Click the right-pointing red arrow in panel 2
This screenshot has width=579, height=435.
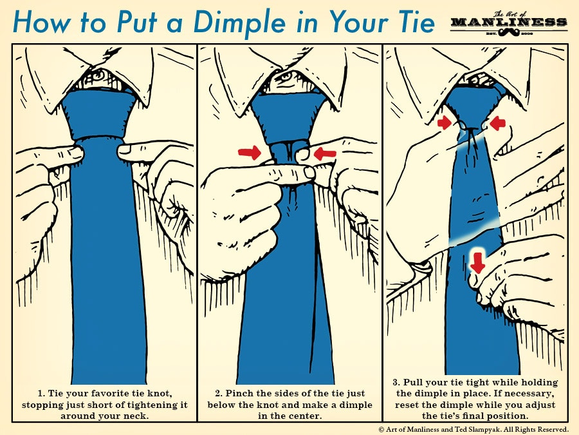click(x=250, y=153)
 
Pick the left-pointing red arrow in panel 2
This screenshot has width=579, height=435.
click(x=325, y=153)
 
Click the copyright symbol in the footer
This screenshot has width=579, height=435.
click(x=381, y=429)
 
